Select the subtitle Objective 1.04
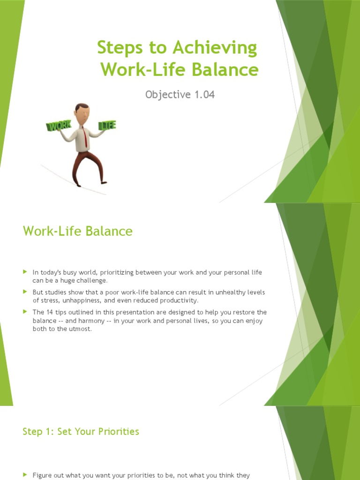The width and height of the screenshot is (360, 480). [180, 94]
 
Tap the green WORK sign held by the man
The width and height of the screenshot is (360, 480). [58, 127]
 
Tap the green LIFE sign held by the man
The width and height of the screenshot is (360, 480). [107, 125]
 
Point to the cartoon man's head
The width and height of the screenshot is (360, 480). [82, 112]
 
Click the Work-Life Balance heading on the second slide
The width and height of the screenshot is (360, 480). [78, 231]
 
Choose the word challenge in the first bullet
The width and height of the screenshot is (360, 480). [90, 281]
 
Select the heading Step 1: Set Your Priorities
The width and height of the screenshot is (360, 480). [81, 432]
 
